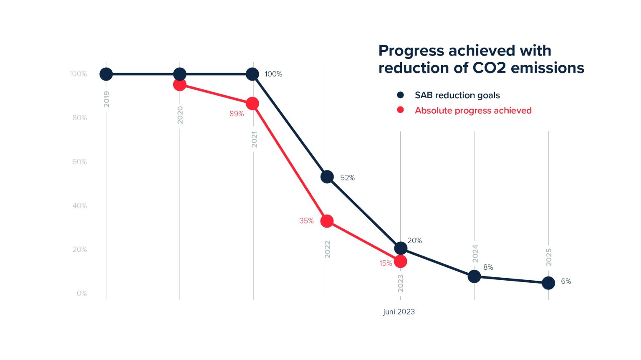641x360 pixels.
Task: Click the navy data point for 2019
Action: pyautogui.click(x=106, y=74)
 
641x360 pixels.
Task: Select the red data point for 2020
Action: pyautogui.click(x=179, y=85)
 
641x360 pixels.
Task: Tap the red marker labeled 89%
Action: pyautogui.click(x=252, y=104)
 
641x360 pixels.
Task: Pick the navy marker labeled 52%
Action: pyautogui.click(x=327, y=177)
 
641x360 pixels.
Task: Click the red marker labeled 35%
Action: pyautogui.click(x=327, y=221)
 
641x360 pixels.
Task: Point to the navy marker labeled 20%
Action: pyautogui.click(x=401, y=248)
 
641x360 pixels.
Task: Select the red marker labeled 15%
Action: pyautogui.click(x=401, y=261)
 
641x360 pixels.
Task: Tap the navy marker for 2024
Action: pyautogui.click(x=474, y=276)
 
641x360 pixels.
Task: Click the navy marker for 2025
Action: pyautogui.click(x=548, y=283)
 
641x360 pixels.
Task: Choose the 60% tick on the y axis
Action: pyautogui.click(x=79, y=162)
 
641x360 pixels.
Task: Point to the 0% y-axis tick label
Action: pyautogui.click(x=82, y=293)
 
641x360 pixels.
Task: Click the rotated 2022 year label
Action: pyautogui.click(x=328, y=249)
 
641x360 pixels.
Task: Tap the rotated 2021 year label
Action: pyautogui.click(x=254, y=139)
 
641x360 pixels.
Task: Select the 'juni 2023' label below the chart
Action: pyautogui.click(x=399, y=312)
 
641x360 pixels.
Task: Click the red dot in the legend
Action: pyautogui.click(x=401, y=110)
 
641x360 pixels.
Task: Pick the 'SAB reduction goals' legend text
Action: pyautogui.click(x=457, y=95)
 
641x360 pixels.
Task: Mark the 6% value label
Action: pyautogui.click(x=566, y=281)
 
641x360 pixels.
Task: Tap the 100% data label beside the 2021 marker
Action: pyautogui.click(x=273, y=74)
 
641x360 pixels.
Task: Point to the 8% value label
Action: pyautogui.click(x=488, y=267)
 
